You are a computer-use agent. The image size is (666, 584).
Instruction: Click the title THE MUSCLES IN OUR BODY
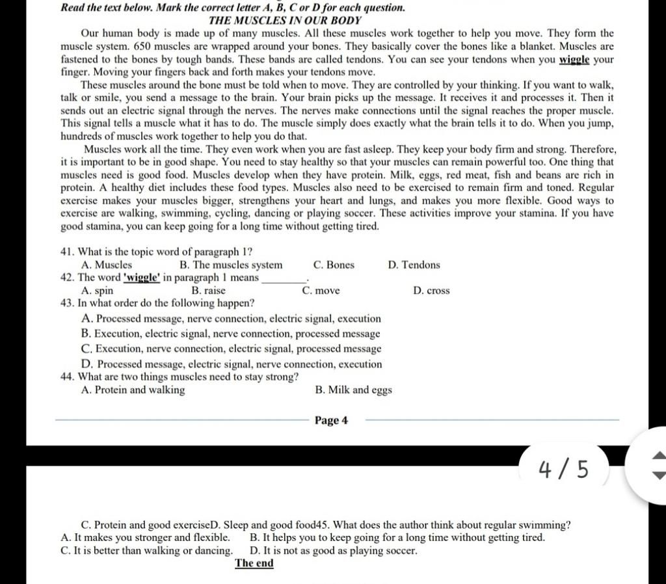click(284, 21)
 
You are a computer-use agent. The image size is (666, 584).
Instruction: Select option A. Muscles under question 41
click(107, 265)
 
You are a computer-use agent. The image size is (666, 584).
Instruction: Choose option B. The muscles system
click(230, 265)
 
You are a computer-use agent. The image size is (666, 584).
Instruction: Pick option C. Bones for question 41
click(334, 265)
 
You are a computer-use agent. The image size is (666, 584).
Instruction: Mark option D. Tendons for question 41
click(414, 265)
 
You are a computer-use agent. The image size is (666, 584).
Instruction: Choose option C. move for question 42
click(321, 291)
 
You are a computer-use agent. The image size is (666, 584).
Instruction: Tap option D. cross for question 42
click(431, 291)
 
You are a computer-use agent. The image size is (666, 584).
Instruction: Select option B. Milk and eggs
click(353, 390)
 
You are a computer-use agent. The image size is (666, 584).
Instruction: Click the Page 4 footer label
click(331, 420)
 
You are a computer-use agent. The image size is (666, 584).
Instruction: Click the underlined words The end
click(254, 563)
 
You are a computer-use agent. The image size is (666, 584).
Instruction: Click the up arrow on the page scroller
click(658, 455)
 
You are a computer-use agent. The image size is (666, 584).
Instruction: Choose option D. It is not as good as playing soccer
click(334, 551)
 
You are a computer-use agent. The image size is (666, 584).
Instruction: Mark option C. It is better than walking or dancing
click(146, 551)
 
